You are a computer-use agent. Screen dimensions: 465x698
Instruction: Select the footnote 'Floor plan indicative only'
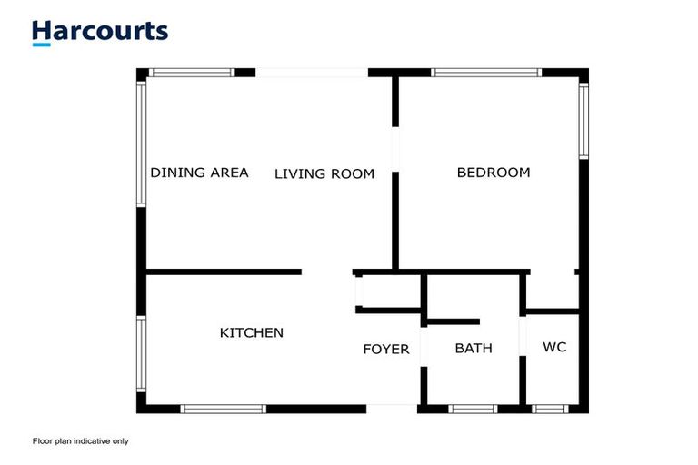80,441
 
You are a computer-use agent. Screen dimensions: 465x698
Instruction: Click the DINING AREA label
199,173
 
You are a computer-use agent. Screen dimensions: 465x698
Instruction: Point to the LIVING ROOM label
324,173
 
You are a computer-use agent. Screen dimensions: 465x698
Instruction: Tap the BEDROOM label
494,173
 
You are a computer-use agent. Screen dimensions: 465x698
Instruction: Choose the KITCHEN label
252,333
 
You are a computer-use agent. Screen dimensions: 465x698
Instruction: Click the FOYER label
386,350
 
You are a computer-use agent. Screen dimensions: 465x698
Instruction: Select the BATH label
474,348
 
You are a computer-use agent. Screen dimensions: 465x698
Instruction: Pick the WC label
554,347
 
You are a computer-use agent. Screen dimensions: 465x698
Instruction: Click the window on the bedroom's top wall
486,73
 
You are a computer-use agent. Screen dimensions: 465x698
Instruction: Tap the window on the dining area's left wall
141,144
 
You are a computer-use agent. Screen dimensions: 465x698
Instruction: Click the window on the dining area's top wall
192,73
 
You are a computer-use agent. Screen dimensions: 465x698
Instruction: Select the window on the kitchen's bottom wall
224,409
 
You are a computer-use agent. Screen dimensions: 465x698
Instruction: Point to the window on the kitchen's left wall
141,354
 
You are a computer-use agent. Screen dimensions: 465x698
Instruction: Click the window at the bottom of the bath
473,409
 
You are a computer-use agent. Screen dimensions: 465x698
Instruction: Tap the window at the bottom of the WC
551,409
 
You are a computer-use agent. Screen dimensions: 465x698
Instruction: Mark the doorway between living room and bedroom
394,149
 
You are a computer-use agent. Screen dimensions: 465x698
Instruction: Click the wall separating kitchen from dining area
224,272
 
